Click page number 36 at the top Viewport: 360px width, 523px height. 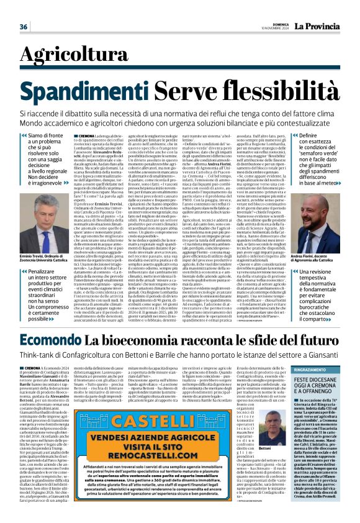point(24,27)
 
